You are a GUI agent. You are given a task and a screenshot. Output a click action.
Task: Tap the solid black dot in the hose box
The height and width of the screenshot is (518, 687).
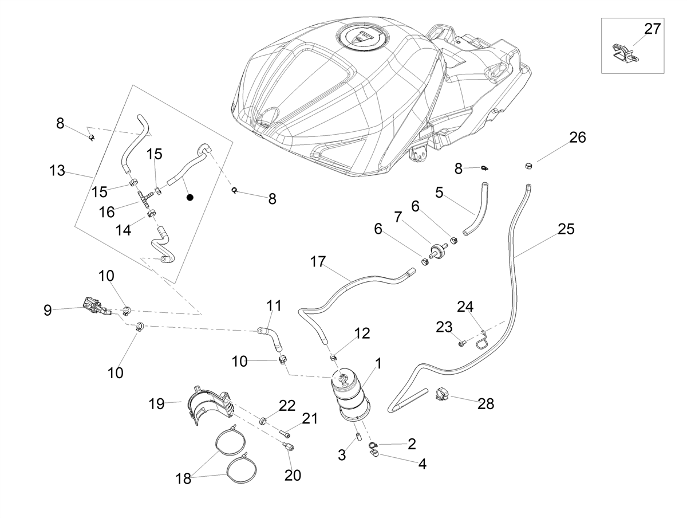[x=189, y=198]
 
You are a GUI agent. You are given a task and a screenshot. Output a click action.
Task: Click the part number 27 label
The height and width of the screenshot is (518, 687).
[x=652, y=29]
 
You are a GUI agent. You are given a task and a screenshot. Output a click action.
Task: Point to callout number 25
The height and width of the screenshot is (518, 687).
[x=566, y=229]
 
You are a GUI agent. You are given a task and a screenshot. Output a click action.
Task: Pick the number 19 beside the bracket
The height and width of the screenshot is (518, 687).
[x=156, y=404]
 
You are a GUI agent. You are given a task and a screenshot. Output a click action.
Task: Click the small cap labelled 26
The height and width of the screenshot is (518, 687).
[x=528, y=166]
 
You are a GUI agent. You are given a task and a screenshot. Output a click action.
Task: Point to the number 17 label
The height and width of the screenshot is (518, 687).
[x=318, y=262]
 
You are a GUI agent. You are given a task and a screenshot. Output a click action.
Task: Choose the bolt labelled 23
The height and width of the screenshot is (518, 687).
[x=462, y=344]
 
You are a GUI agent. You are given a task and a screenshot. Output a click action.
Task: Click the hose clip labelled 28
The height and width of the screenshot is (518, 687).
[x=443, y=394]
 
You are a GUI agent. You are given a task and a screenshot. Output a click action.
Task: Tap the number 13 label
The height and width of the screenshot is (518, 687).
[x=57, y=171]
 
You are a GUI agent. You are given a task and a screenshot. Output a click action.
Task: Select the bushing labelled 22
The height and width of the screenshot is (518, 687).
[x=263, y=419]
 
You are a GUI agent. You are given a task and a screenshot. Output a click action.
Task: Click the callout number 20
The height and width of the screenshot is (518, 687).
[x=293, y=475]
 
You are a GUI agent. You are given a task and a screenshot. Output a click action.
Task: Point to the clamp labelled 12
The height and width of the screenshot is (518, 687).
[x=334, y=357]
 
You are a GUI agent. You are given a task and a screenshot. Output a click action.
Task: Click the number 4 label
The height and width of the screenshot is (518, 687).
[x=422, y=464]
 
